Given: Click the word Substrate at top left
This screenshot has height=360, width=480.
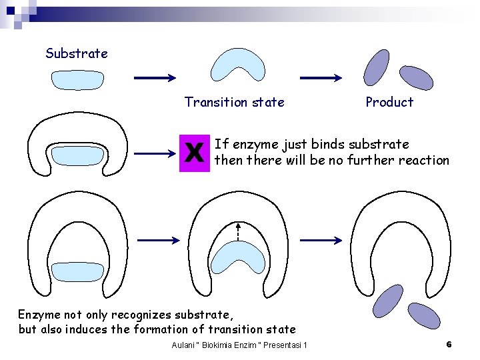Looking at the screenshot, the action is tap(76, 53).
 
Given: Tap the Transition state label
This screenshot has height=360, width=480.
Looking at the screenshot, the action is tap(234, 102).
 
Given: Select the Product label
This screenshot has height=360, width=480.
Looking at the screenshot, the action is tap(389, 102).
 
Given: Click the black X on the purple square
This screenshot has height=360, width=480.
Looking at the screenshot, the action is tap(194, 153).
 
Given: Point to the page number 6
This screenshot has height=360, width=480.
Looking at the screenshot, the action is tap(449, 344).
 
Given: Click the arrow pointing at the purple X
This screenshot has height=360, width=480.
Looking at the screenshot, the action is tap(155, 154).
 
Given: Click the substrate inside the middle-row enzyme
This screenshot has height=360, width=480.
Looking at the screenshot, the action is tap(77, 155).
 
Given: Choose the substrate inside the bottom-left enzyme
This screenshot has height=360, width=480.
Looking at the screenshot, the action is tap(77, 271).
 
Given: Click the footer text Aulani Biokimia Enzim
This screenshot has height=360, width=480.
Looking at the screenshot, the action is tap(239, 345).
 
